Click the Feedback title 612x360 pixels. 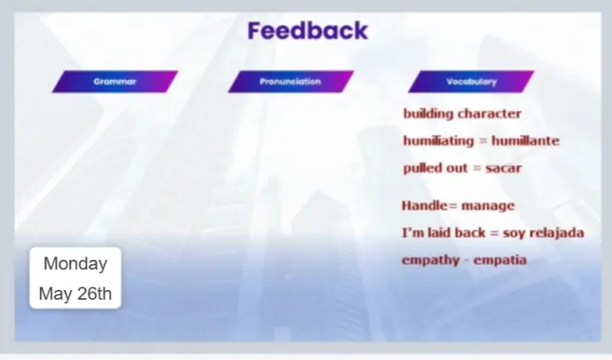pos(308,31)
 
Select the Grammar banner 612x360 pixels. pos(115,82)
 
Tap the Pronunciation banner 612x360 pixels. pos(291,82)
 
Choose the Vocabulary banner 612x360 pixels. pos(471,82)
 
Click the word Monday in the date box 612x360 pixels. pos(75,263)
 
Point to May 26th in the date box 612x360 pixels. pos(75,293)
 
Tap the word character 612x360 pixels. pos(490,113)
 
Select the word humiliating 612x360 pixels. pos(438,141)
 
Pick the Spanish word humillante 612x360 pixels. pos(525,141)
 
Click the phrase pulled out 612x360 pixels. pos(435,168)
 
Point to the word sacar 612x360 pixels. pos(504,168)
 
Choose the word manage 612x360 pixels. pos(488,207)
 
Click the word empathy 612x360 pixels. pos(431,261)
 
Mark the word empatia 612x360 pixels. pos(500,261)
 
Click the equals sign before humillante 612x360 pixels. pos(483,141)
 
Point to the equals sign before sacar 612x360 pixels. pos(476,168)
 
